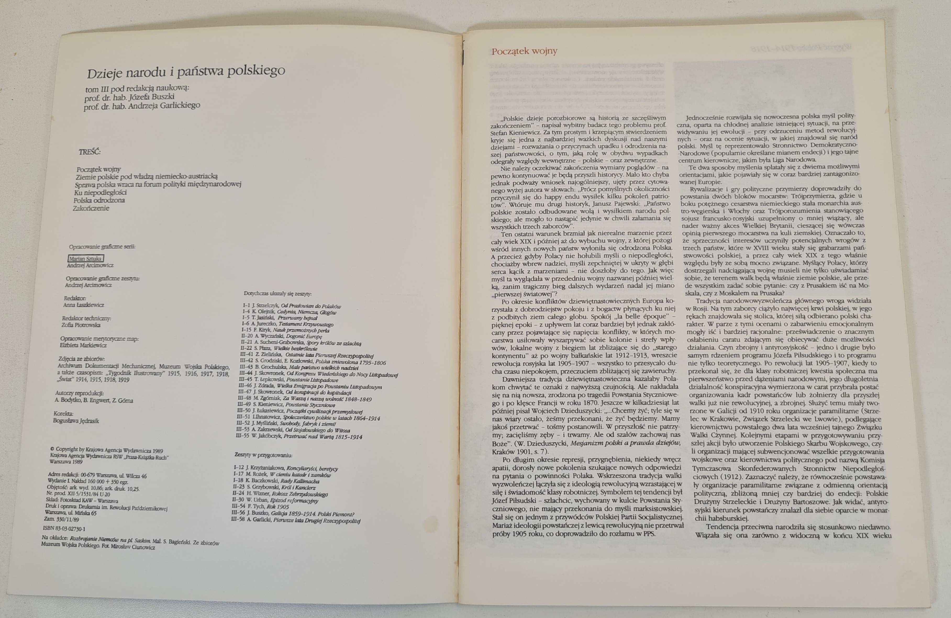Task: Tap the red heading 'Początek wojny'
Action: click(x=524, y=51)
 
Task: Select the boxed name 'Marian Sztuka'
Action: click(x=86, y=259)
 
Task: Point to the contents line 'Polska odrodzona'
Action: click(x=99, y=200)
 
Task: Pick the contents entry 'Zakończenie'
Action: click(x=91, y=208)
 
